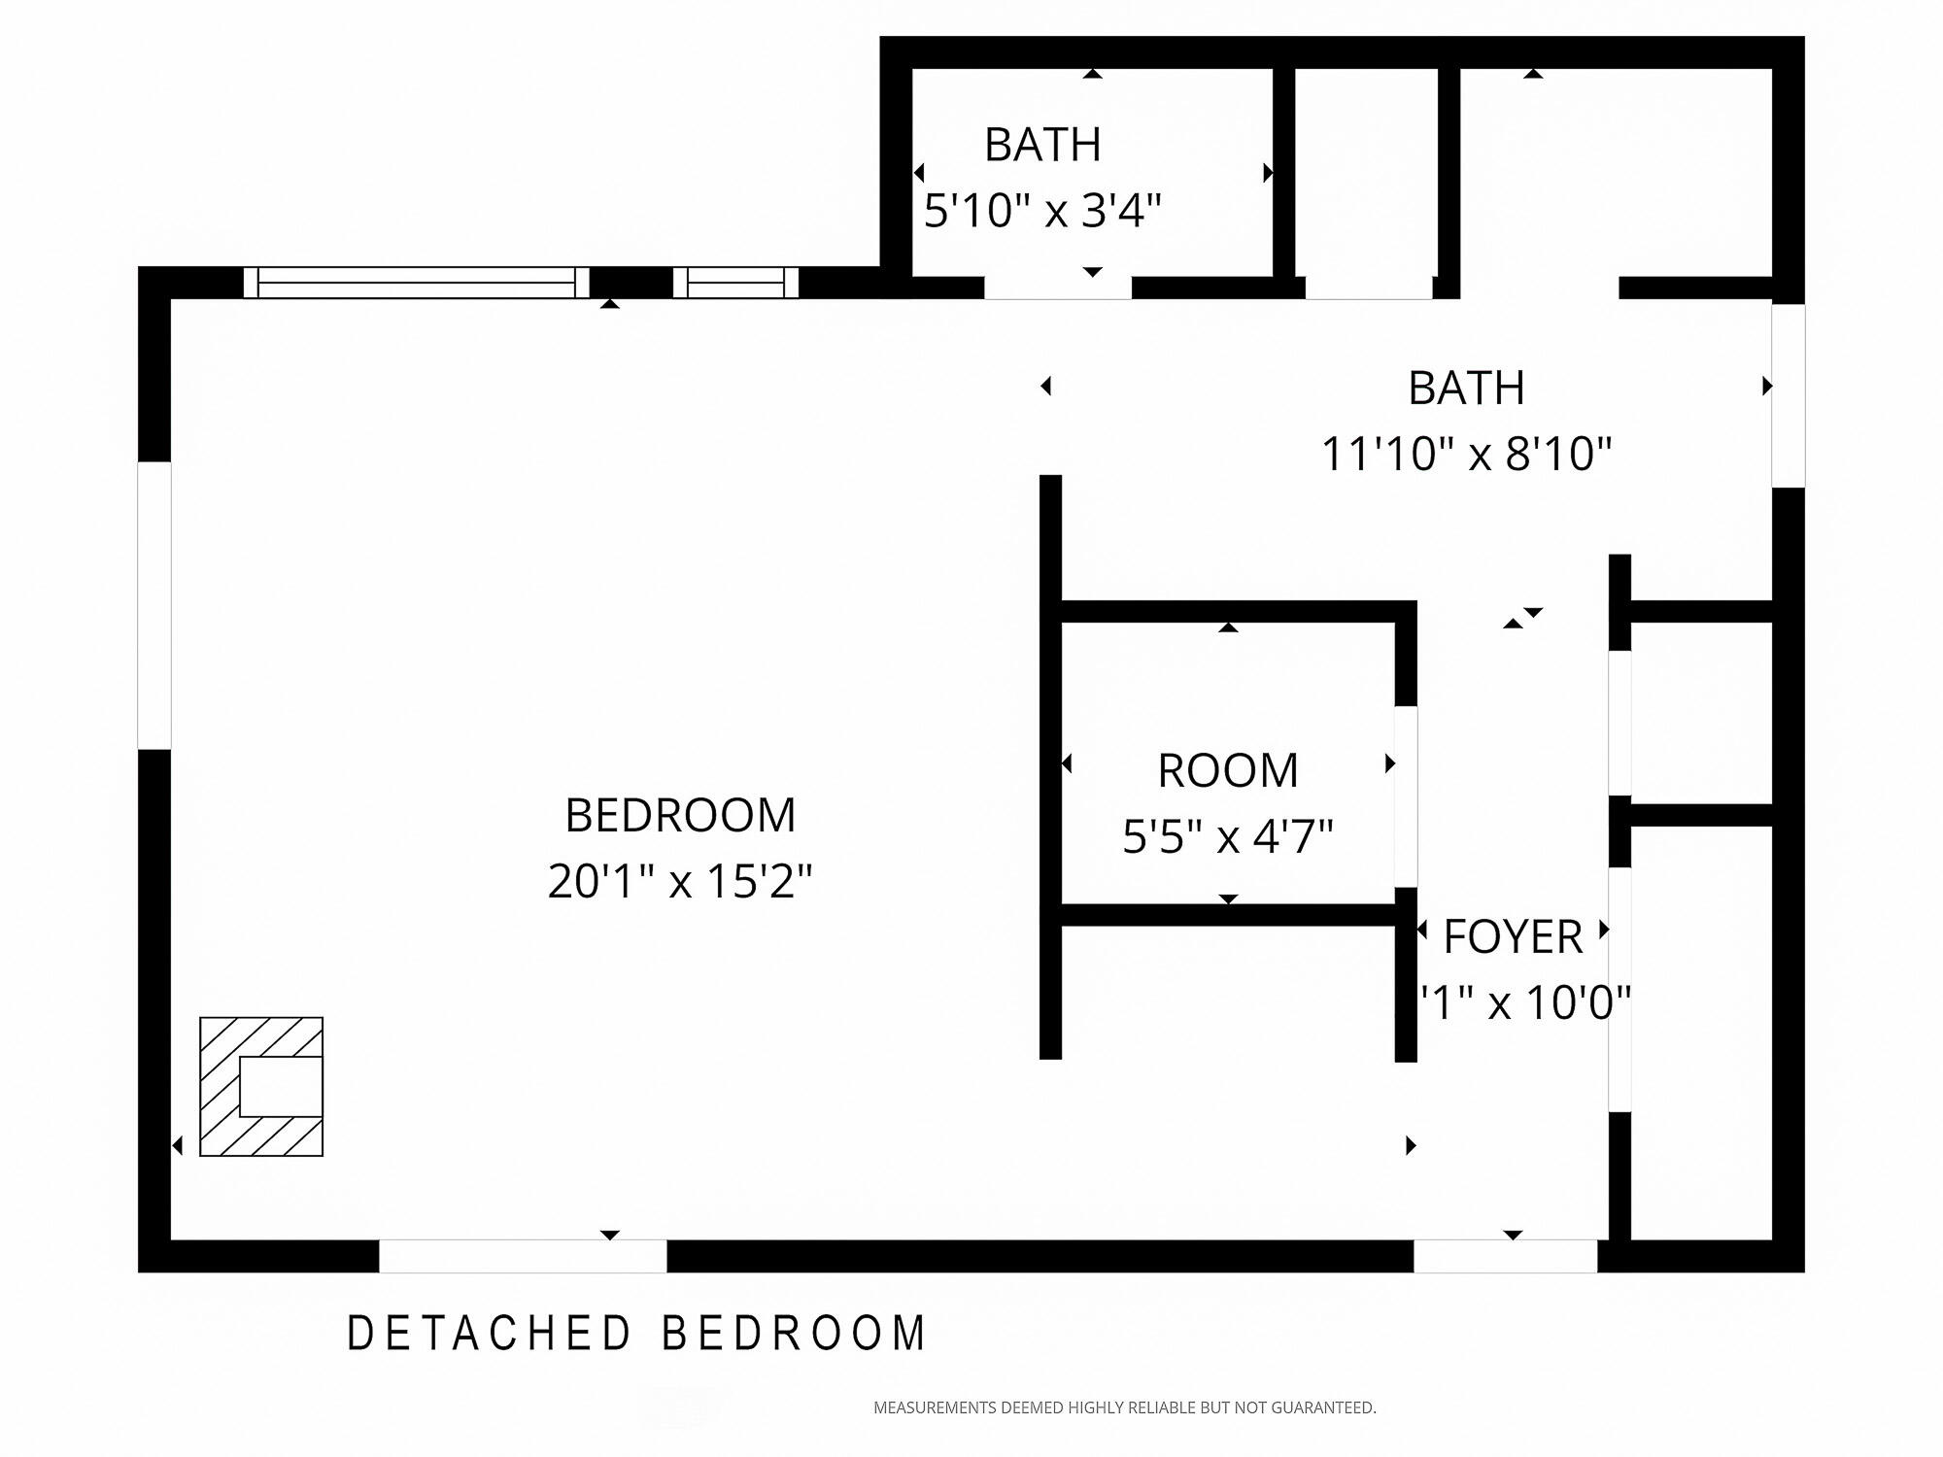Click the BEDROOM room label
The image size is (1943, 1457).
tap(680, 815)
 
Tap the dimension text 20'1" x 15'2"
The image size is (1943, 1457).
tap(680, 882)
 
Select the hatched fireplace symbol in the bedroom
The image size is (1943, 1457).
tap(261, 1086)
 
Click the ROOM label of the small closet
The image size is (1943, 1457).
tap(1228, 771)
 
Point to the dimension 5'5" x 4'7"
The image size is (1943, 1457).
tap(1228, 836)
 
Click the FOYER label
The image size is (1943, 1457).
tap(1513, 937)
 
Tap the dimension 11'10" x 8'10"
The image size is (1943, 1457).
tap(1466, 454)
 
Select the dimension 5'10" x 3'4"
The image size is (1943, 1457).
tap(1042, 211)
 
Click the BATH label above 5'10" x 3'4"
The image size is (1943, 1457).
tap(1042, 146)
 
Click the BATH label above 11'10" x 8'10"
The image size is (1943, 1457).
tap(1466, 389)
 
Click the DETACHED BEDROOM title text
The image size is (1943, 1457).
tap(637, 1334)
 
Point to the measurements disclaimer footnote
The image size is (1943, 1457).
tap(1124, 1407)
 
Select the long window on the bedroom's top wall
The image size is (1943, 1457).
tap(416, 283)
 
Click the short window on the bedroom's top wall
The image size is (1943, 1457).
tap(735, 283)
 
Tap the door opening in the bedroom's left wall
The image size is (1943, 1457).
tap(154, 605)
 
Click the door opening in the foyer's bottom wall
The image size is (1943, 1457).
tap(1505, 1256)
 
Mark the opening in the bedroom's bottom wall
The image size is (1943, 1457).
tap(523, 1256)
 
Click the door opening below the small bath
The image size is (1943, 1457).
tap(1058, 288)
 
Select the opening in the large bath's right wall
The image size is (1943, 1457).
tap(1789, 395)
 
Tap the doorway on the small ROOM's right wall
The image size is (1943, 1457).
tap(1406, 796)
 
